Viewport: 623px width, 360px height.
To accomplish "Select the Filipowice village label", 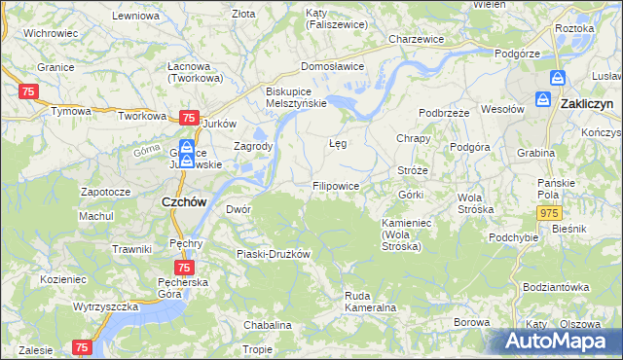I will [336, 185].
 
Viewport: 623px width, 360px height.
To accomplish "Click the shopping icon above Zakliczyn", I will [558, 78].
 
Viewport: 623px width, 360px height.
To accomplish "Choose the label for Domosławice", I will [332, 66].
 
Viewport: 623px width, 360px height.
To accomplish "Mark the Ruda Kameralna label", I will [370, 301].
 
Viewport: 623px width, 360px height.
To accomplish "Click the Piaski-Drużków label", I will [274, 254].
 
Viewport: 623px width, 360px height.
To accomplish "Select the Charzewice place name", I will [416, 39].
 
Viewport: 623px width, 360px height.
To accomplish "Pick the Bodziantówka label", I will [556, 287].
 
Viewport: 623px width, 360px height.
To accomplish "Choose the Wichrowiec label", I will [51, 32].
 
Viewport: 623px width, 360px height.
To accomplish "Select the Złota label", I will [243, 14].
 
